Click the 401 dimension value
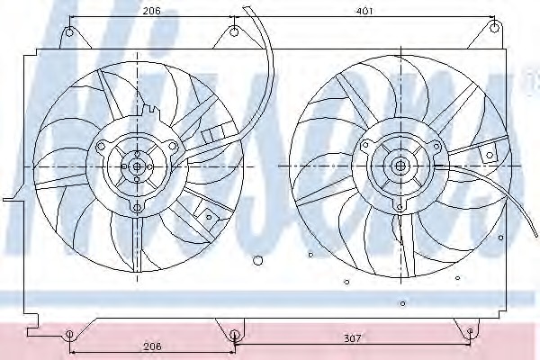(363, 11)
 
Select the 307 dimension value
(352, 338)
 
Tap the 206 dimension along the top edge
(150, 11)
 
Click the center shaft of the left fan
(137, 166)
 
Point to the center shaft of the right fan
(400, 166)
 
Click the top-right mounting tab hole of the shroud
(493, 29)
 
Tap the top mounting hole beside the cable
(234, 33)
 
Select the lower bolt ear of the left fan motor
(137, 208)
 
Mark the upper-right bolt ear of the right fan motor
(436, 145)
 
